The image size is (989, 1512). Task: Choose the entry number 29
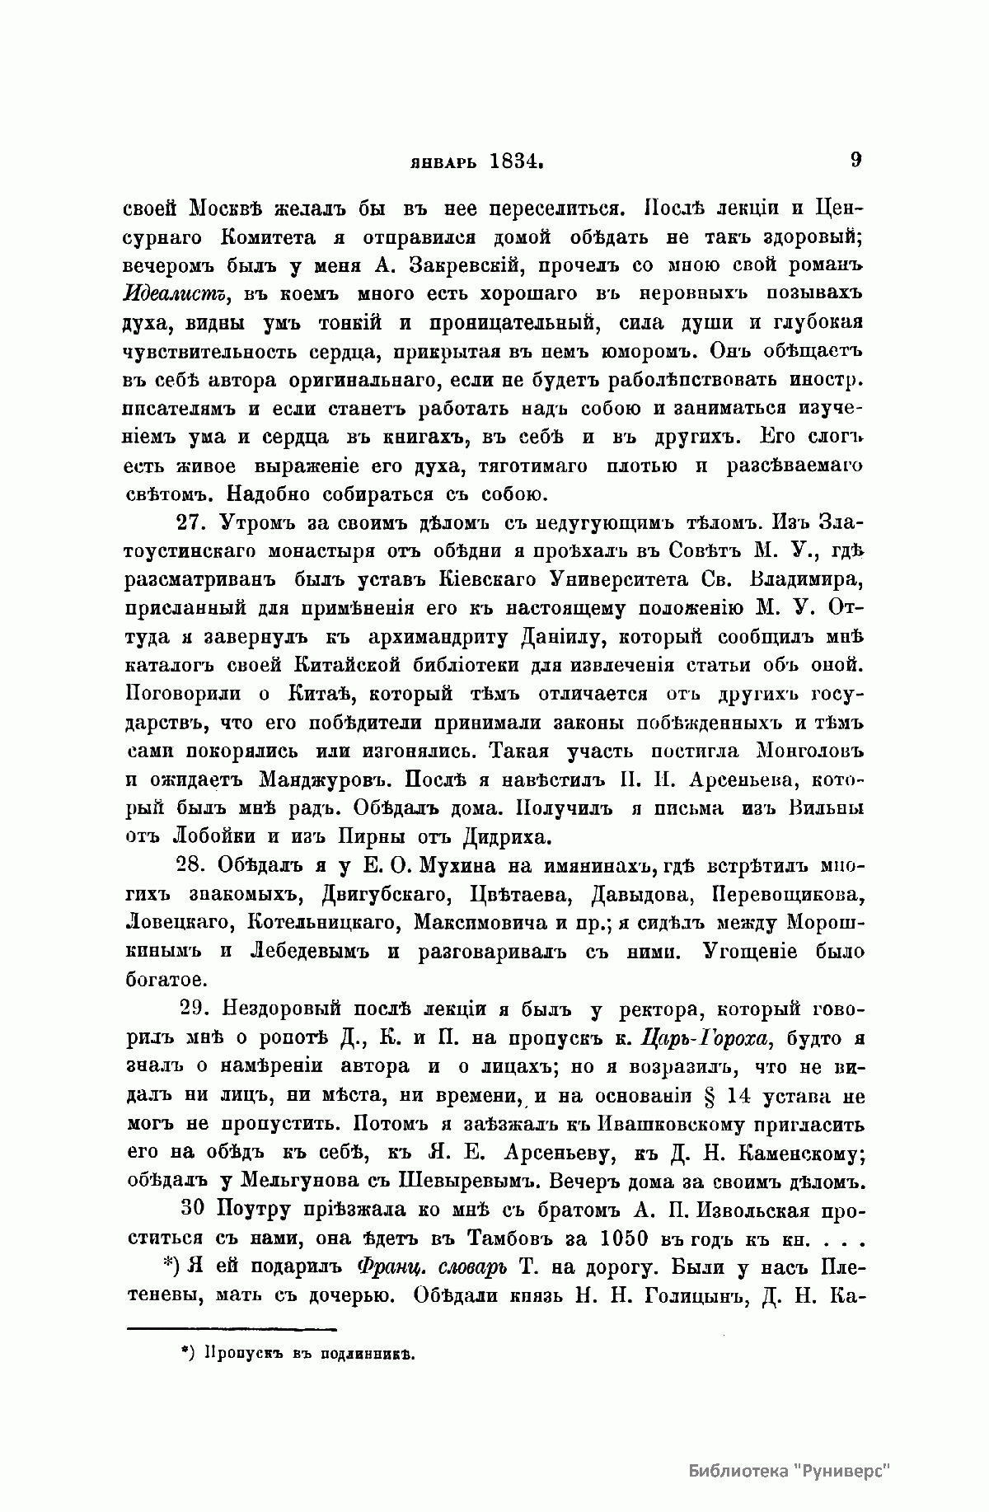click(x=195, y=1010)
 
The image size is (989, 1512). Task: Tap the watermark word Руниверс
click(x=850, y=1472)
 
